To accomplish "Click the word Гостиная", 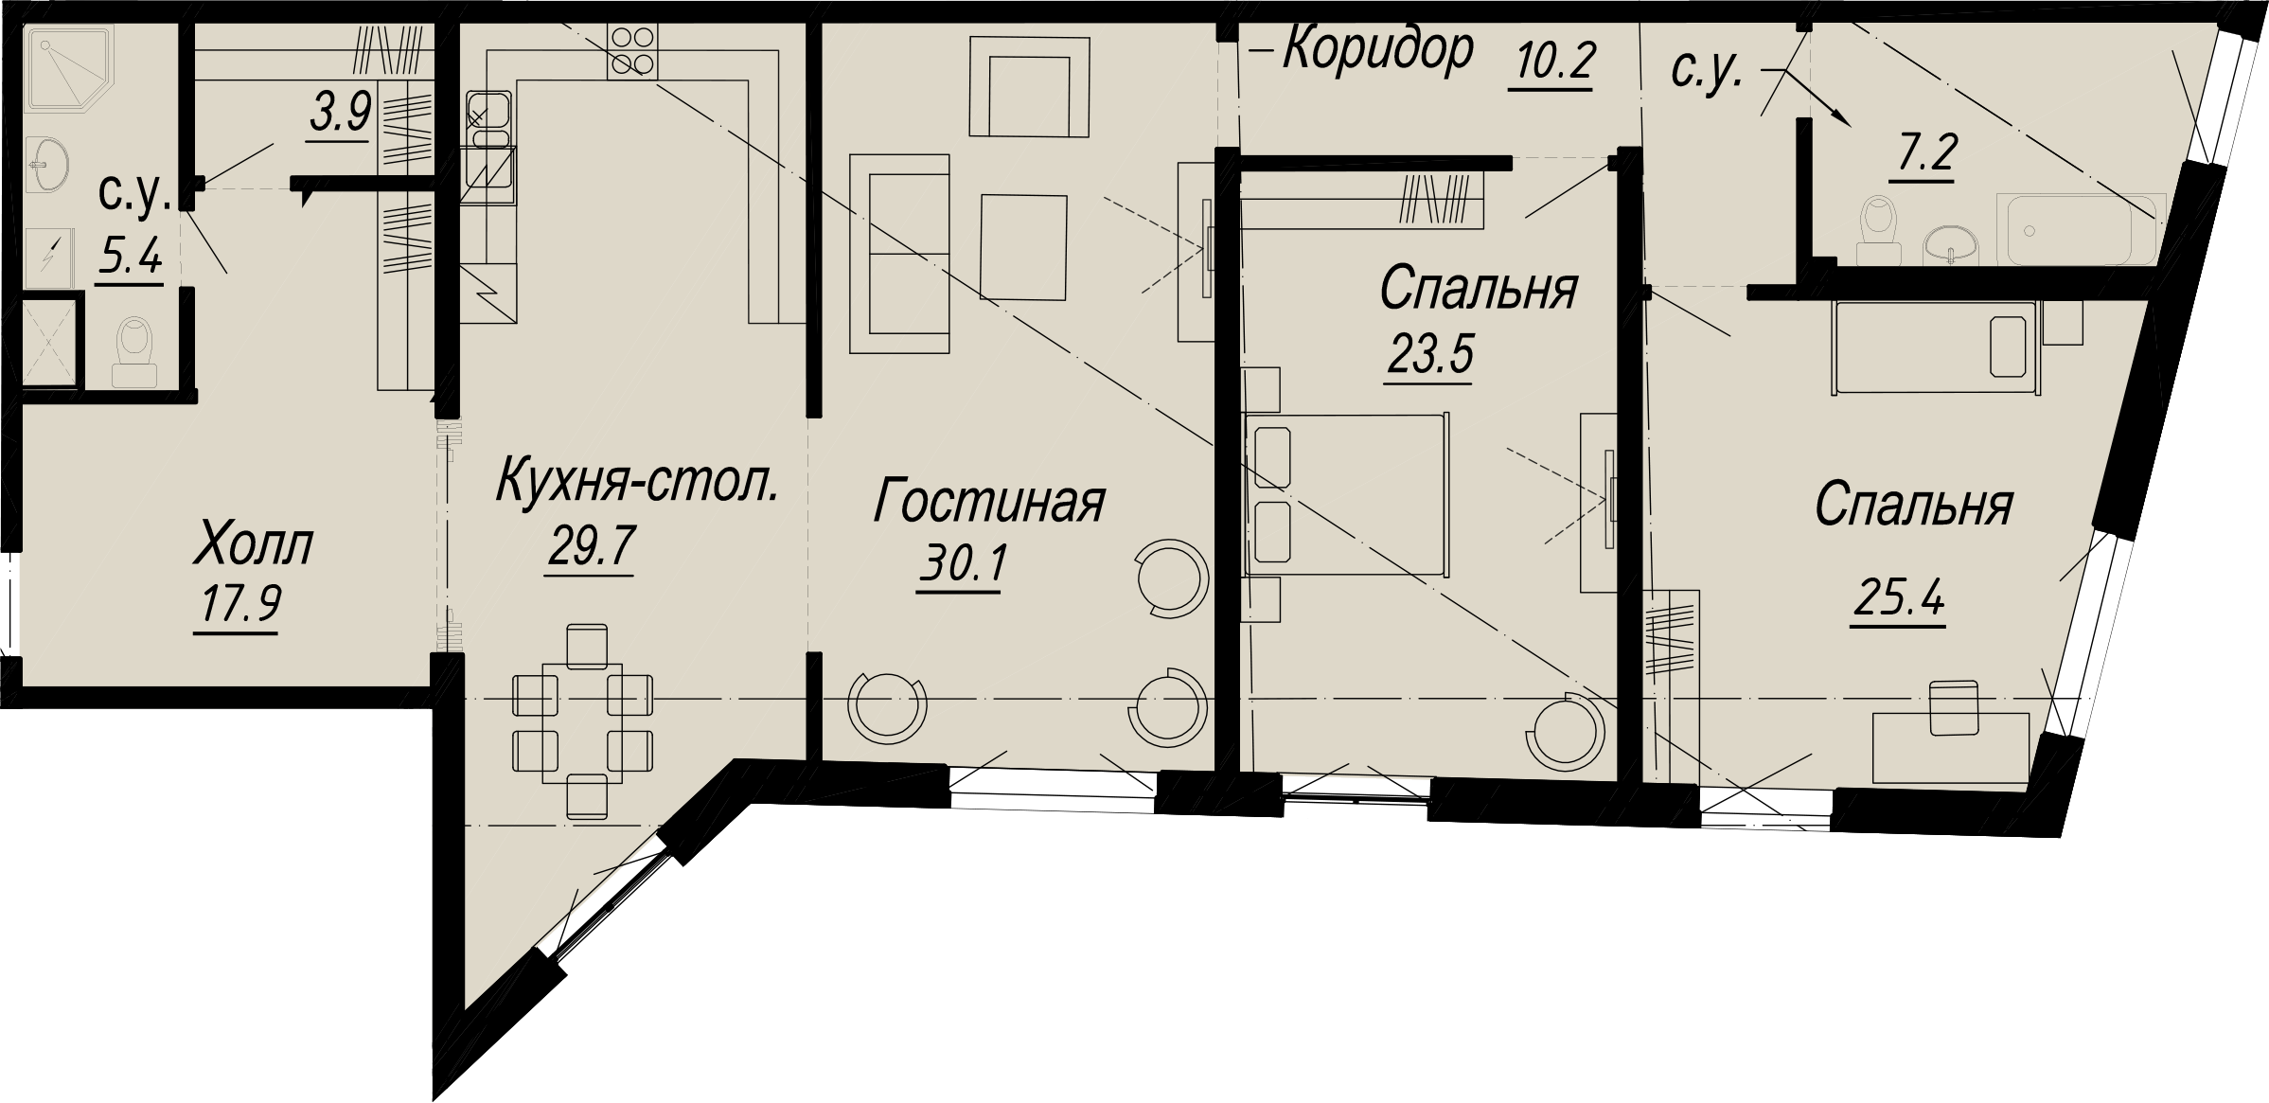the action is [x=988, y=502].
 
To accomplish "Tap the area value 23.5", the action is [x=1429, y=356].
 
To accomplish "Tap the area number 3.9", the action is [x=339, y=116].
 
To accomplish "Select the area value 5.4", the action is [x=130, y=256].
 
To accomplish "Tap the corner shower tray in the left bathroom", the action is [x=70, y=68].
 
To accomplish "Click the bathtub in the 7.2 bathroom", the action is [x=2081, y=230].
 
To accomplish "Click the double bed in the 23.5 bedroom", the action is [x=1348, y=494].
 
